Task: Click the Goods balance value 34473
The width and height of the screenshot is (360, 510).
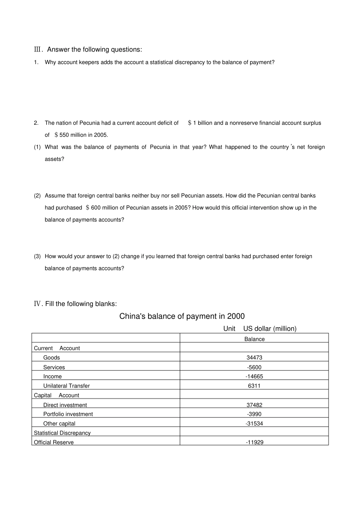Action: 254,358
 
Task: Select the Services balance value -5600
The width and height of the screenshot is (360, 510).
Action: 254,367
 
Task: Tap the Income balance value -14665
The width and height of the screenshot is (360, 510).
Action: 254,377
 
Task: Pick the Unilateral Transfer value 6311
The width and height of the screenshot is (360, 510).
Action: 254,386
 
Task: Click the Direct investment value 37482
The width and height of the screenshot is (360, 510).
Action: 254,405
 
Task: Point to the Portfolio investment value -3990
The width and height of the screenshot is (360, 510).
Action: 254,414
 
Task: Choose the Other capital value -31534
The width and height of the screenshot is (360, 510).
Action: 254,424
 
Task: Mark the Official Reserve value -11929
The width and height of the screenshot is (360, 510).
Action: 254,442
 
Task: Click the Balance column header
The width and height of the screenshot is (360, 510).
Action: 254,339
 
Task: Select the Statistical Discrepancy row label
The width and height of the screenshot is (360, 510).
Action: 62,433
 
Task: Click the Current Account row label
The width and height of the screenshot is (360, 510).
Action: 57,348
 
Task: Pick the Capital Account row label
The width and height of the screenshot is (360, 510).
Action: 56,395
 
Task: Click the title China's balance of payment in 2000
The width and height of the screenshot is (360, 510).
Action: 182,316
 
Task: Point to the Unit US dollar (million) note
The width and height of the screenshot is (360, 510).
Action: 260,329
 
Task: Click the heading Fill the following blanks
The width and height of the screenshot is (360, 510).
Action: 76,304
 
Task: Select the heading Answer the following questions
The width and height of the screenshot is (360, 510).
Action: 88,49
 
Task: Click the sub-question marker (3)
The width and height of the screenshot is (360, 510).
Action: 37,256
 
